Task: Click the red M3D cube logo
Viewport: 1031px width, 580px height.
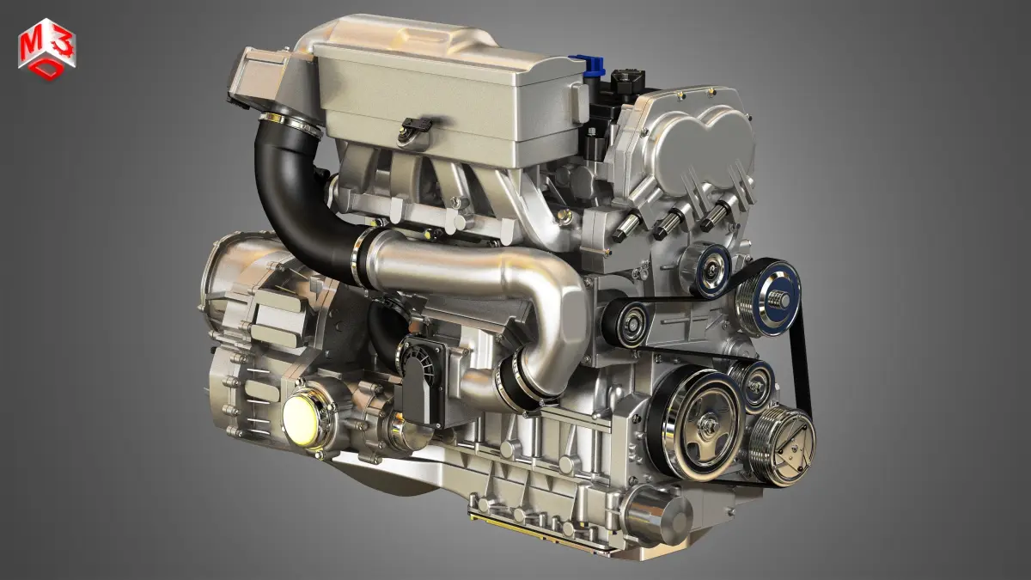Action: click(x=47, y=49)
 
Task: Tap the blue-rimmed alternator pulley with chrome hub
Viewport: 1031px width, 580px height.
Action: click(x=770, y=298)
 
